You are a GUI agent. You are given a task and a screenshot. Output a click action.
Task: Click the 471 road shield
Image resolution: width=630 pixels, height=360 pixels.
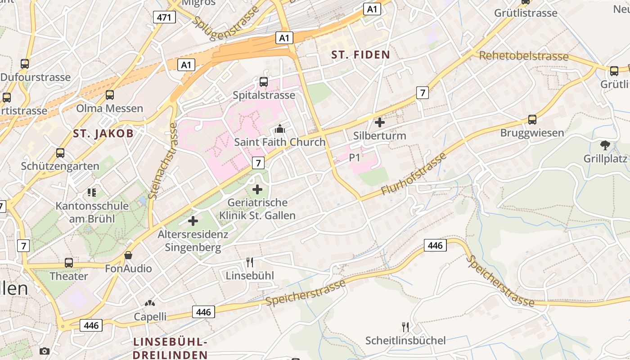click(164, 17)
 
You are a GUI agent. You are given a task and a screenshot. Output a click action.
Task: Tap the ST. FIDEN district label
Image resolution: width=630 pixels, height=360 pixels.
click(360, 55)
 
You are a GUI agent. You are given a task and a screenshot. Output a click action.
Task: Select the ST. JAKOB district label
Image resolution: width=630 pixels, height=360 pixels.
click(103, 133)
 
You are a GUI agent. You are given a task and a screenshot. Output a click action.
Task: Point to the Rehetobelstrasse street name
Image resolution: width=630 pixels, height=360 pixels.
click(524, 56)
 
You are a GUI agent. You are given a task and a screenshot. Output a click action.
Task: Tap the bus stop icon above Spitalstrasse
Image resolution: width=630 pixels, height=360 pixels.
click(264, 82)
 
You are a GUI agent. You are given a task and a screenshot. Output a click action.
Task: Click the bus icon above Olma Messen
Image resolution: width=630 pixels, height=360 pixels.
click(110, 95)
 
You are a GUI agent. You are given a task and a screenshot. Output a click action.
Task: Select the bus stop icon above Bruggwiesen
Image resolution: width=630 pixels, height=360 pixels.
click(532, 120)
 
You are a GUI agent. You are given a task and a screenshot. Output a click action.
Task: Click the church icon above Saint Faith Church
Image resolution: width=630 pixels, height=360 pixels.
click(280, 129)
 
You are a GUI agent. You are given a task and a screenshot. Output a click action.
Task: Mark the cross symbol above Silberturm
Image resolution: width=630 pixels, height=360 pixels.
click(380, 122)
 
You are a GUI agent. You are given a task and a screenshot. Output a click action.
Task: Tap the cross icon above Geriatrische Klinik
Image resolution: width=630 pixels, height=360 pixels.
click(257, 189)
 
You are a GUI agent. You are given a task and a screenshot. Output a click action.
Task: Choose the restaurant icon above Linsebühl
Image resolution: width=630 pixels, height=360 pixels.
click(250, 262)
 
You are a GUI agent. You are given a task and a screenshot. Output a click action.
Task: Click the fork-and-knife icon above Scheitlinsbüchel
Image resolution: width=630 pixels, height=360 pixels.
click(406, 327)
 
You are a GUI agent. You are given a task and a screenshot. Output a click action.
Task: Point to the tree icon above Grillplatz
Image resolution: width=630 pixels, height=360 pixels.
click(605, 145)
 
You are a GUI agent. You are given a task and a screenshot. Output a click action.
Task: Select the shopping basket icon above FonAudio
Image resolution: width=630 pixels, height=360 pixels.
click(128, 255)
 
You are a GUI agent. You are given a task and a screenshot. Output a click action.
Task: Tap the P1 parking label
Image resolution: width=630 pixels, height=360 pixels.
click(355, 157)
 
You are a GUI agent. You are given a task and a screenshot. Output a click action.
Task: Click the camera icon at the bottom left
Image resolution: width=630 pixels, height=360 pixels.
click(44, 351)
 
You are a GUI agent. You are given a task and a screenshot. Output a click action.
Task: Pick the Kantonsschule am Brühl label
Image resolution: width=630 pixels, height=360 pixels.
click(92, 212)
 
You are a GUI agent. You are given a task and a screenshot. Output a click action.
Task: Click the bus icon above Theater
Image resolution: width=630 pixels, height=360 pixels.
click(69, 262)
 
